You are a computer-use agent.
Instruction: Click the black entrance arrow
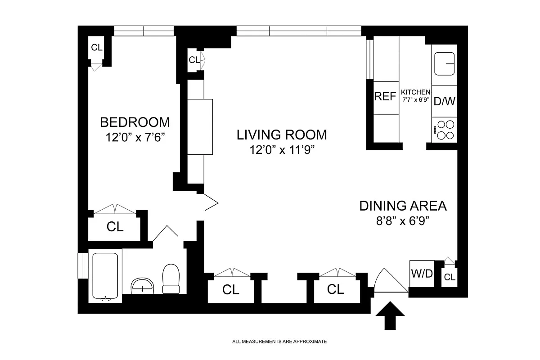tap(390, 315)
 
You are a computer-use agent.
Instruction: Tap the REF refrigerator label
tap(385, 96)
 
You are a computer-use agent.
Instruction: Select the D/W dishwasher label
tap(444, 102)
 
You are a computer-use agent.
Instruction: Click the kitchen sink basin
tap(444, 64)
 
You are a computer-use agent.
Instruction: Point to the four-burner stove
tap(444, 130)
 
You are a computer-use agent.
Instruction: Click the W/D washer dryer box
tap(422, 274)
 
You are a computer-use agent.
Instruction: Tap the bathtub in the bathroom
tap(105, 277)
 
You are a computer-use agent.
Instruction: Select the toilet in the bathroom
tap(171, 279)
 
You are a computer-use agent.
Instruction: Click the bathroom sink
tap(142, 286)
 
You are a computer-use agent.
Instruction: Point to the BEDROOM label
tap(135, 122)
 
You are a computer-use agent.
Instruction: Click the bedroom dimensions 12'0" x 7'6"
tap(135, 137)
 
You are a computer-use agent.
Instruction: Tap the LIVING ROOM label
tap(282, 135)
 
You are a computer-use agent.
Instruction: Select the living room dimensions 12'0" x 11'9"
tap(282, 150)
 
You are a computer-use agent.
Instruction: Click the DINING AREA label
tap(403, 206)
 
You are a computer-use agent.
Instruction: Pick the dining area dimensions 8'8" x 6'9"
tap(403, 220)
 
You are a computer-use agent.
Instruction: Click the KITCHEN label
tap(416, 92)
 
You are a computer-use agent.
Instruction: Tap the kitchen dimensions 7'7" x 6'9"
tap(416, 99)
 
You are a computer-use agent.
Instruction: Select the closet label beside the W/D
tap(450, 277)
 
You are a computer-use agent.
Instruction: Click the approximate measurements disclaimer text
tap(279, 342)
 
